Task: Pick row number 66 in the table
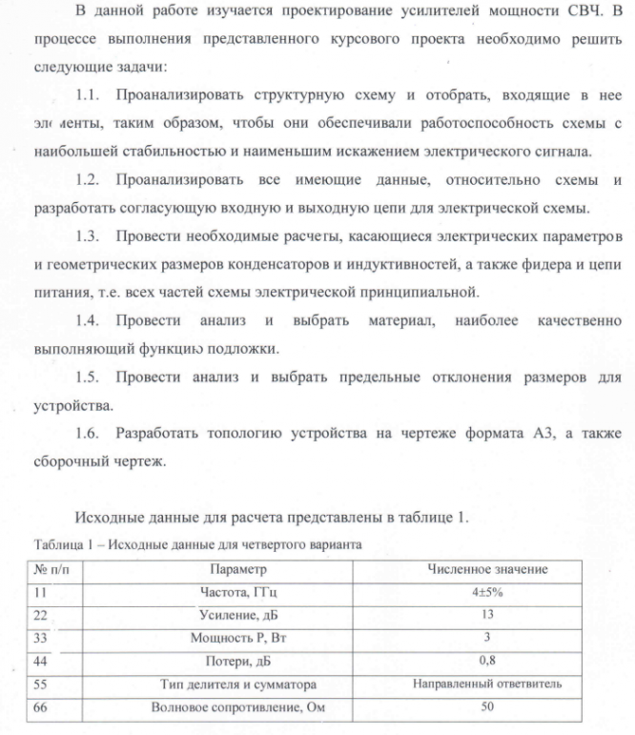coord(40,707)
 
